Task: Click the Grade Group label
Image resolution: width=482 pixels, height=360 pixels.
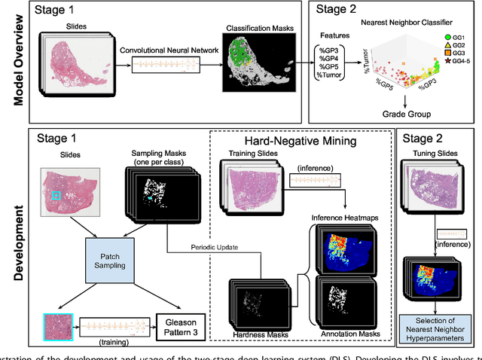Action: (405, 114)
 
